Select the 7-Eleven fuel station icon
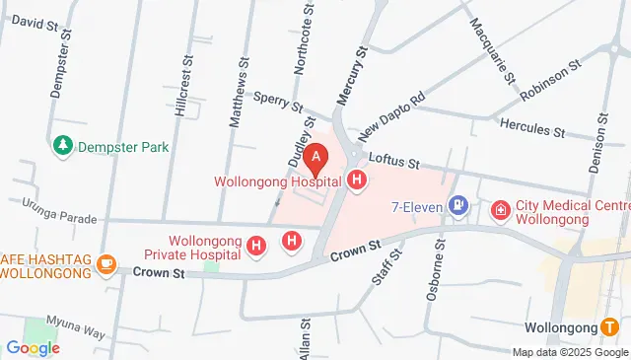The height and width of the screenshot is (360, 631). (457, 206)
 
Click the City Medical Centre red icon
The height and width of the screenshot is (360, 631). (501, 211)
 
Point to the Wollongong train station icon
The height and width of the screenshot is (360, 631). (611, 326)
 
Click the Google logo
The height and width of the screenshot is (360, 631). (33, 347)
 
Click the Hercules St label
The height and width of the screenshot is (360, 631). (531, 128)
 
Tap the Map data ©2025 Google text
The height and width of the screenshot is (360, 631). (569, 352)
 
